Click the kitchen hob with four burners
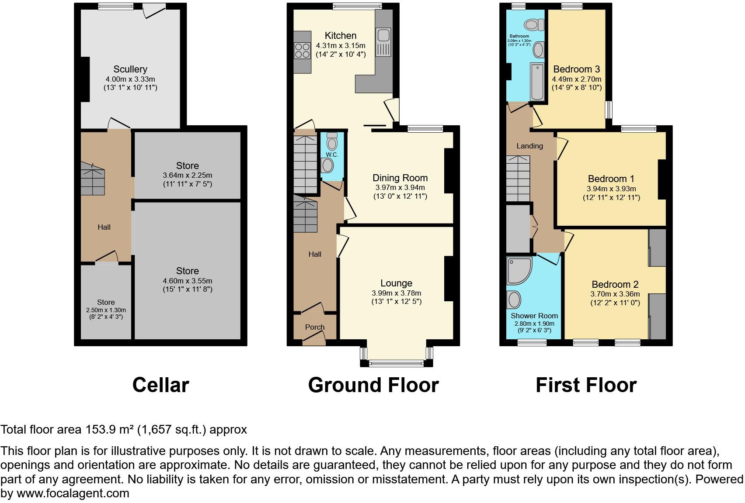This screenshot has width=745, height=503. [x=301, y=50]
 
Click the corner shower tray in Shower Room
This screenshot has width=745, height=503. [x=518, y=269]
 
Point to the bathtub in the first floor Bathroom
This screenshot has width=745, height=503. [x=537, y=82]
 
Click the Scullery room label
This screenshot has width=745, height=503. [x=130, y=69]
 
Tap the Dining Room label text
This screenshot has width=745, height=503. [x=400, y=178]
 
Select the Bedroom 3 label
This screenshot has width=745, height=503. [x=576, y=69]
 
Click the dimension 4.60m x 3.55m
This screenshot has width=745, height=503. [x=187, y=281]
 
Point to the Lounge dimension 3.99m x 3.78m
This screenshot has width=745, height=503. [x=396, y=293]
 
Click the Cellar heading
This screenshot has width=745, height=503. [x=160, y=385]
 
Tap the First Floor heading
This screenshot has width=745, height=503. [x=586, y=385]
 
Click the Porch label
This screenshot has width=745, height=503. [x=314, y=327]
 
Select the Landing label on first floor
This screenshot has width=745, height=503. [x=529, y=146]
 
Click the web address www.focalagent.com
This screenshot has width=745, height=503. [x=73, y=493]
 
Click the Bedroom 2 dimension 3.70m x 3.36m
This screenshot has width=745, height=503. [x=615, y=294]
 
